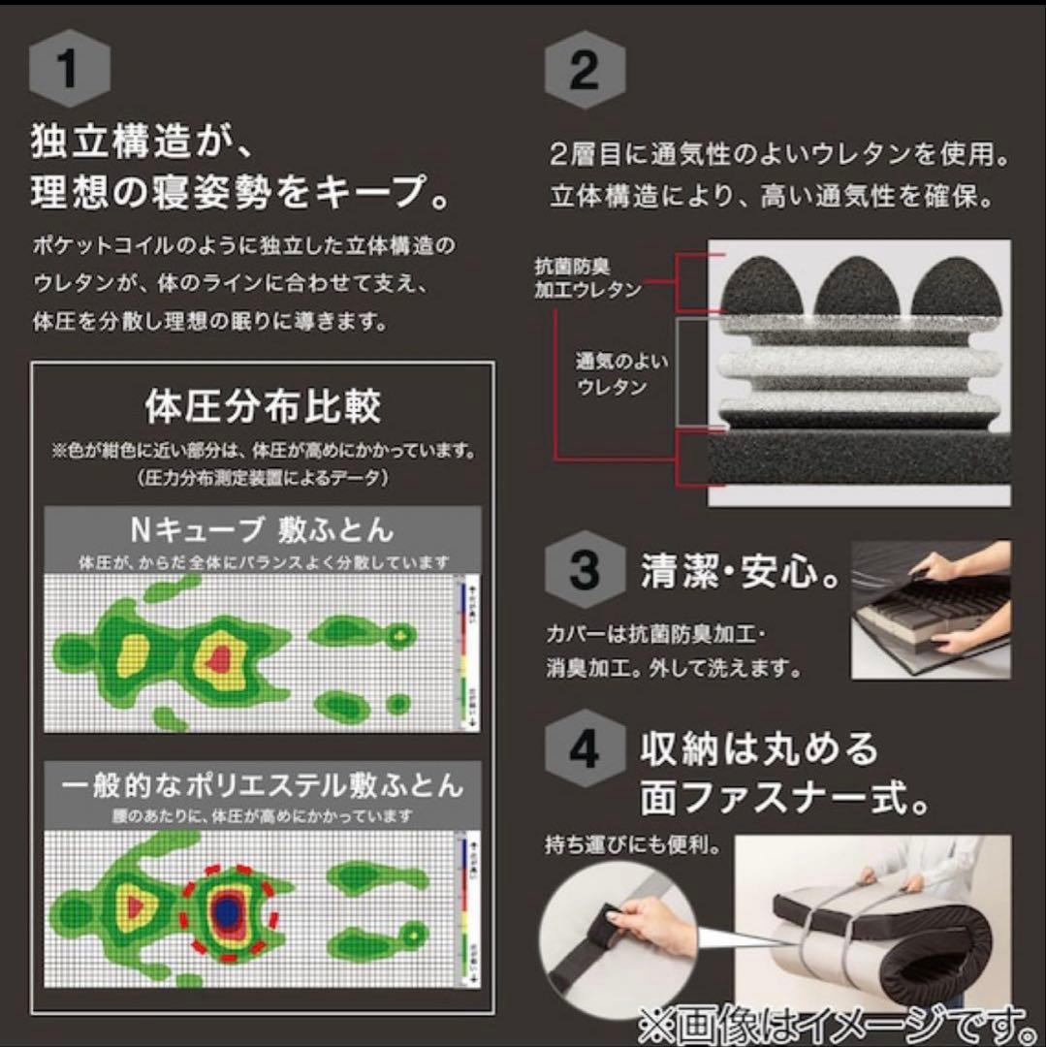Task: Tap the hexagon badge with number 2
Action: point(584,70)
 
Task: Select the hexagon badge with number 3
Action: point(584,572)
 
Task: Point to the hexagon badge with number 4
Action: point(584,752)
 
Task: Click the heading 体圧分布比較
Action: point(263,408)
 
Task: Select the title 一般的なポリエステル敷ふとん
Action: point(263,783)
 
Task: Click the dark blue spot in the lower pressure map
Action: point(228,909)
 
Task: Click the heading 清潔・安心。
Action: point(740,572)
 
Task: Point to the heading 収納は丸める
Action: point(759,748)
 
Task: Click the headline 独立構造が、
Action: point(142,146)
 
